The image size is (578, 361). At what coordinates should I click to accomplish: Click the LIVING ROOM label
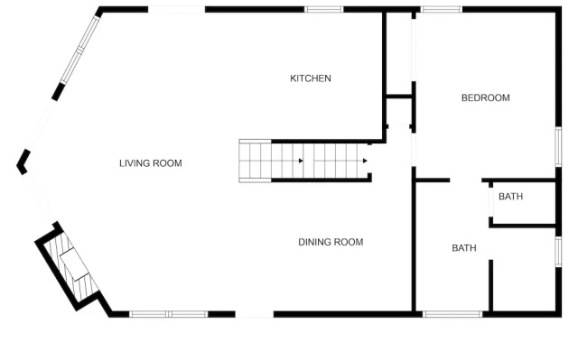click(151, 163)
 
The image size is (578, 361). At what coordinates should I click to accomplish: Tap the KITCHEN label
click(311, 79)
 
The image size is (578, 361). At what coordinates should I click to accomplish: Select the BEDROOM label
click(486, 97)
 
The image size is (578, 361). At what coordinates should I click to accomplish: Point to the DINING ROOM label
click(331, 242)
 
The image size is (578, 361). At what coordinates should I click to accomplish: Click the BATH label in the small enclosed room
click(510, 197)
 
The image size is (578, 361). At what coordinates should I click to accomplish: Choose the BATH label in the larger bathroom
click(463, 248)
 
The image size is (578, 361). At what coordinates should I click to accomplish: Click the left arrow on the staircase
click(301, 161)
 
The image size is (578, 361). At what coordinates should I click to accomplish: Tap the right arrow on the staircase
click(365, 161)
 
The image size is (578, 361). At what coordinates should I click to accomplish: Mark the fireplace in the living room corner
click(69, 266)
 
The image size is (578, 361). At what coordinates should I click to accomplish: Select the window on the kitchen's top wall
click(323, 9)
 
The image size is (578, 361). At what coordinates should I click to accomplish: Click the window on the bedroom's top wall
click(442, 9)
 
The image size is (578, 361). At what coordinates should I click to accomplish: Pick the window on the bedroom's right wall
click(558, 146)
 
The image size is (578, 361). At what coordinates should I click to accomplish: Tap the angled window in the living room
click(80, 50)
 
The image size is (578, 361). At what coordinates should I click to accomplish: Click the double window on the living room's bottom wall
click(169, 314)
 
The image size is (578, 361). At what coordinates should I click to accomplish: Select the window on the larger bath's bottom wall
click(452, 314)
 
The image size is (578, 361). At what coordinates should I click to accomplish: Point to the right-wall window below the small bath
click(558, 252)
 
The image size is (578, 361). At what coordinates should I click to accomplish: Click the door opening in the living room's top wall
click(177, 9)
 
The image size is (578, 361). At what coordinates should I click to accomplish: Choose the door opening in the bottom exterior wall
click(255, 314)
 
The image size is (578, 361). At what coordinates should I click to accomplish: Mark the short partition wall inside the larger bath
click(490, 285)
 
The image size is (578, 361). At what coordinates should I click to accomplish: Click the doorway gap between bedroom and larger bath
click(466, 180)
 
